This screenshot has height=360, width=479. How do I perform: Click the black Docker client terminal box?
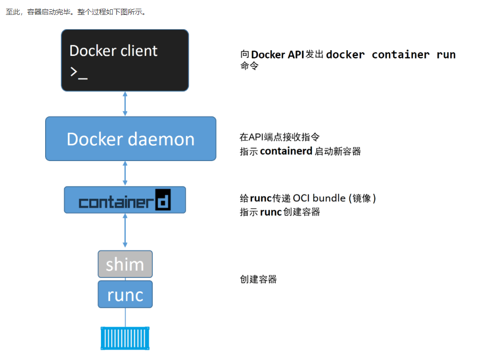[x=125, y=60]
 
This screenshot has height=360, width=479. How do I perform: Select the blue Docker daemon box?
[x=130, y=139]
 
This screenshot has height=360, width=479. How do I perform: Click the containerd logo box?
[x=125, y=200]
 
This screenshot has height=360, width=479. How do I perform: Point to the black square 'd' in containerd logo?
[x=163, y=201]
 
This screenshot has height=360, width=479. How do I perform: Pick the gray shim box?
[x=125, y=264]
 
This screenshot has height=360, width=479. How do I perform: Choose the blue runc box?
[x=125, y=294]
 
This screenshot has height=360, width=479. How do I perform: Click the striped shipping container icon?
[x=125, y=338]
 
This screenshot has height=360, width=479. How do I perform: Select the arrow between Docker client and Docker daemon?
[x=125, y=104]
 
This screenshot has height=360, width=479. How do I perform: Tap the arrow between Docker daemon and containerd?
[x=125, y=174]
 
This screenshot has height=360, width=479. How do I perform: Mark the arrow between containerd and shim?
[x=125, y=232]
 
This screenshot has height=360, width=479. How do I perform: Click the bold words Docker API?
[x=277, y=55]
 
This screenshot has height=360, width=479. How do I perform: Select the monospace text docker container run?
[x=391, y=55]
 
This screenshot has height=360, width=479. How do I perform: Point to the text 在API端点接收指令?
[x=280, y=137]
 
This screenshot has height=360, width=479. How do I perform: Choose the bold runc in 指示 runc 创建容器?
[x=271, y=212]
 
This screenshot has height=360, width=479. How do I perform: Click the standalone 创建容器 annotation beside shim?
[x=258, y=279]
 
